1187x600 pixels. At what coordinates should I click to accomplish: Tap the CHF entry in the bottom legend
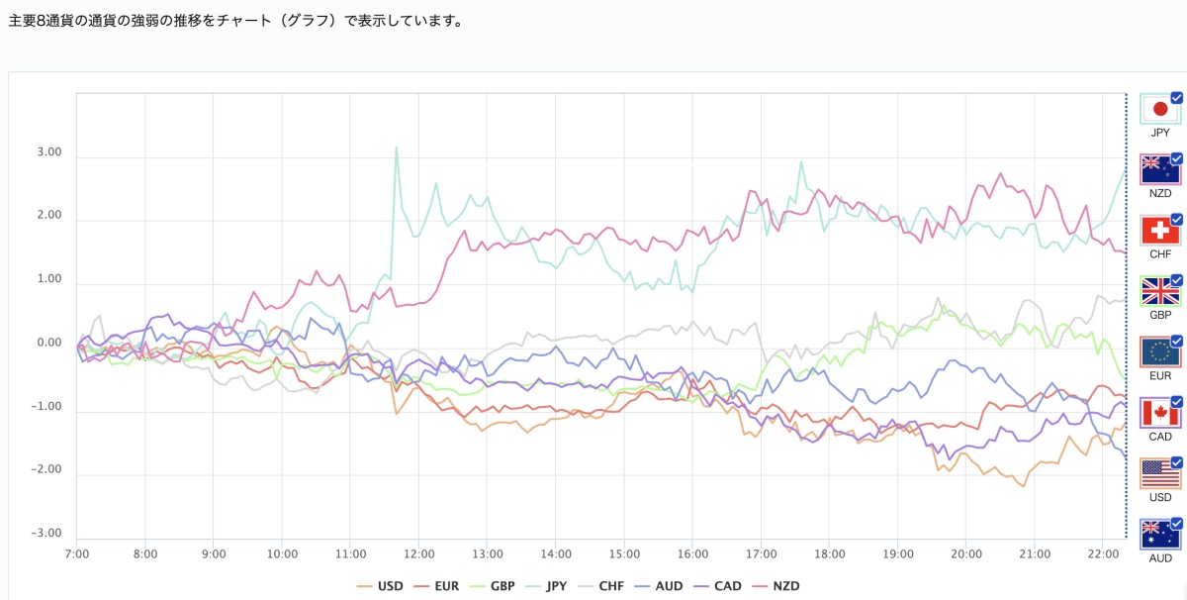coord(602,586)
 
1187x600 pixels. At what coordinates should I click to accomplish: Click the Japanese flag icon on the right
coord(1159,109)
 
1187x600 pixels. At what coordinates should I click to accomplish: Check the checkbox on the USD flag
coord(1176,462)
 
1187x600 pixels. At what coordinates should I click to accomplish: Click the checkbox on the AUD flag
coord(1176,523)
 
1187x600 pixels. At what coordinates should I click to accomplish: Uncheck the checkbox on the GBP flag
coord(1176,280)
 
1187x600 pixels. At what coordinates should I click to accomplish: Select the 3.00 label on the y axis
coord(47,153)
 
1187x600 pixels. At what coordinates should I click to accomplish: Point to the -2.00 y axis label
coord(46,470)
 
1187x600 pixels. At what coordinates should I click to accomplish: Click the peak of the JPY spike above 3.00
coord(397,148)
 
